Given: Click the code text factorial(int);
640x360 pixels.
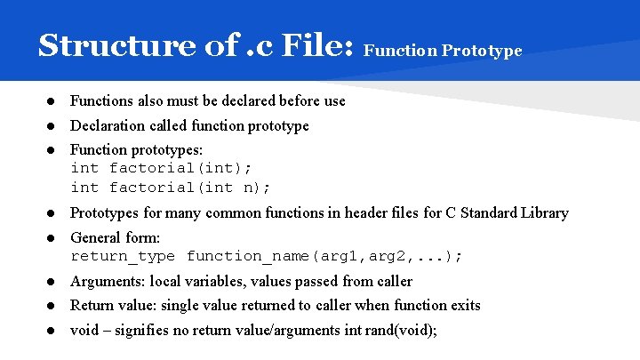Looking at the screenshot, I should (x=181, y=168).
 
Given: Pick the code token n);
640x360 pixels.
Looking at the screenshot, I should (x=257, y=188).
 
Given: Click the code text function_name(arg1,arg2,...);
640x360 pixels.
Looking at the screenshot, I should (x=324, y=257).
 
